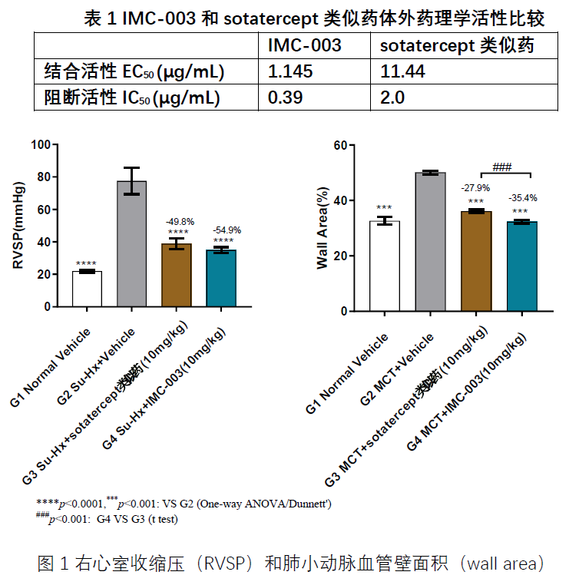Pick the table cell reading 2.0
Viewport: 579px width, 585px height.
tap(392, 97)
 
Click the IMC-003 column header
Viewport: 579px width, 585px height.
tap(304, 46)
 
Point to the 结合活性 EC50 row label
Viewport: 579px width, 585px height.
tap(134, 72)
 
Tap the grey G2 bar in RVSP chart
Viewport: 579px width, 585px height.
tap(131, 244)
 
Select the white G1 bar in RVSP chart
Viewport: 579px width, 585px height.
tap(87, 289)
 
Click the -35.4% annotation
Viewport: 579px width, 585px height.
tap(521, 198)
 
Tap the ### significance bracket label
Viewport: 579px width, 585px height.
tap(501, 167)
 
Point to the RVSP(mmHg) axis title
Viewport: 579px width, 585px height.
tap(19, 225)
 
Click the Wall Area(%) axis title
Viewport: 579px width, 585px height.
tap(323, 227)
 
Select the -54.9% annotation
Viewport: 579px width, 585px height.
tap(223, 230)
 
